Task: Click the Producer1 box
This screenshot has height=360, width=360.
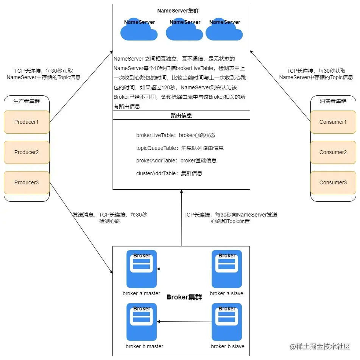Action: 26,122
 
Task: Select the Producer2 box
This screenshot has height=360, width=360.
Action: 26,152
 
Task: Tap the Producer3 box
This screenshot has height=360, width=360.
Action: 26,182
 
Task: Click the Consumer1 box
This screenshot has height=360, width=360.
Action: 333,122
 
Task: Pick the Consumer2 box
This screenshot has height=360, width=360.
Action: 333,152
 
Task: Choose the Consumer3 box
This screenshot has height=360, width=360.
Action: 333,182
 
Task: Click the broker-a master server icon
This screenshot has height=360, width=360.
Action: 142,268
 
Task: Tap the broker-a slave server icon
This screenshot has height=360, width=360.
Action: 227,268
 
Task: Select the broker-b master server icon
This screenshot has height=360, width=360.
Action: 142,321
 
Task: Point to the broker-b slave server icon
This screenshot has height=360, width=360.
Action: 227,321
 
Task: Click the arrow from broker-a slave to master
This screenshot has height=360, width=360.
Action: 184,269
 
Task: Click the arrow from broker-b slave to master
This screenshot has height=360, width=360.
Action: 184,322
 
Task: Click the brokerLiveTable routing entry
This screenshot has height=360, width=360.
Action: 176,135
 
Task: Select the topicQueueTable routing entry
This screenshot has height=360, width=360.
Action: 180,148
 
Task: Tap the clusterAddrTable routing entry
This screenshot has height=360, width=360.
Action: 169,173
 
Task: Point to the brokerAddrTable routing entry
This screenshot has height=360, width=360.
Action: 176,161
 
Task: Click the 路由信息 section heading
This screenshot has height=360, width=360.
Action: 181,115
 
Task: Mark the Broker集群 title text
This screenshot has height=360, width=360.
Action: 184,297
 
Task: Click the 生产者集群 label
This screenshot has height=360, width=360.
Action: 26,101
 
